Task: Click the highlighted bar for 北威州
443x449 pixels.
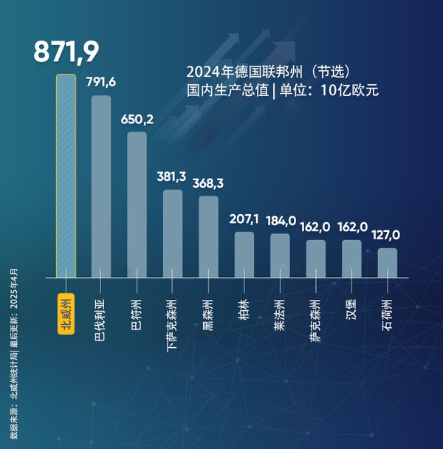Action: [x=66, y=176]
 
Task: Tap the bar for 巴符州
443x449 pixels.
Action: [x=137, y=205]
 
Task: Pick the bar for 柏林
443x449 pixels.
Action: [x=244, y=255]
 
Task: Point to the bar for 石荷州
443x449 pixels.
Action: [x=387, y=263]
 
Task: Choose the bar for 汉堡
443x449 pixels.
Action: [x=351, y=258]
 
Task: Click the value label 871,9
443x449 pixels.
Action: [x=66, y=52]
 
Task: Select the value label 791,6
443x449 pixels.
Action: [x=102, y=82]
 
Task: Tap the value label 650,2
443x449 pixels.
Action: [x=137, y=119]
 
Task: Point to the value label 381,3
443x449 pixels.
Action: [x=173, y=176]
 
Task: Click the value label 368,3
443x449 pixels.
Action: [x=208, y=182]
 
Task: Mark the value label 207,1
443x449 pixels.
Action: [x=244, y=219]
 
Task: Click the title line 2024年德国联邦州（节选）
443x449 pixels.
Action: [x=272, y=72]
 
